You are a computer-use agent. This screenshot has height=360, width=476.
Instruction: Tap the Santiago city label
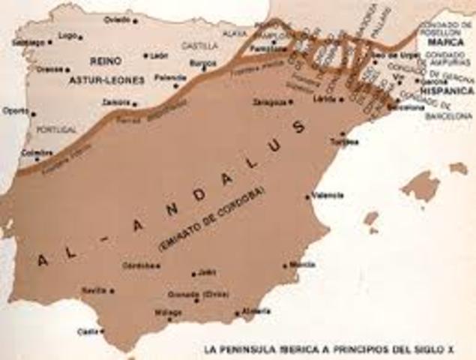tap(27, 42)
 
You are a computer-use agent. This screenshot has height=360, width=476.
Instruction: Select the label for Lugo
tap(67, 35)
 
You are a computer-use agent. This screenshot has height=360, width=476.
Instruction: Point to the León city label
tap(159, 55)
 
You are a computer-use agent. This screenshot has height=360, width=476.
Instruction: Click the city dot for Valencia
tap(307, 196)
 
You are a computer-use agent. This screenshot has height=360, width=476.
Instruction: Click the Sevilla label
tap(94, 290)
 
